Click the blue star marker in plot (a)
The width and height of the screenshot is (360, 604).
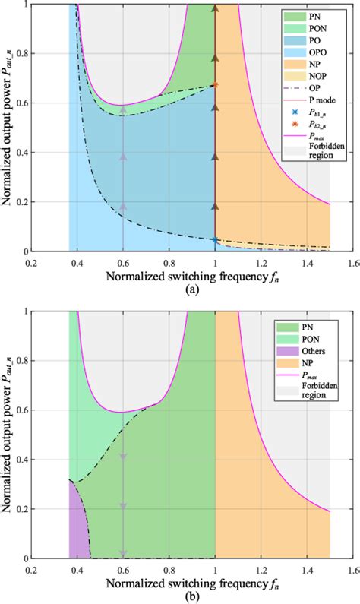(x=215, y=240)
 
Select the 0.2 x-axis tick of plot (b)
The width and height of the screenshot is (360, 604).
(x=30, y=568)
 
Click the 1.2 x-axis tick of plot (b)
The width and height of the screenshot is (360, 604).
(x=261, y=568)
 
